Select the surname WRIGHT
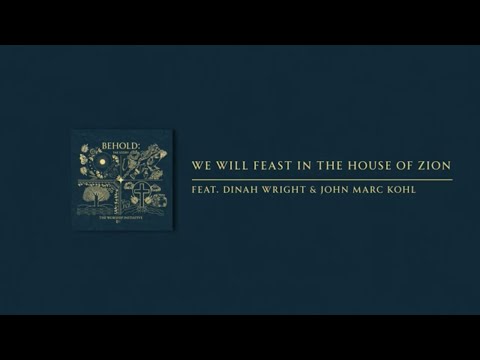[296, 191]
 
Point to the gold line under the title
[320, 179]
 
